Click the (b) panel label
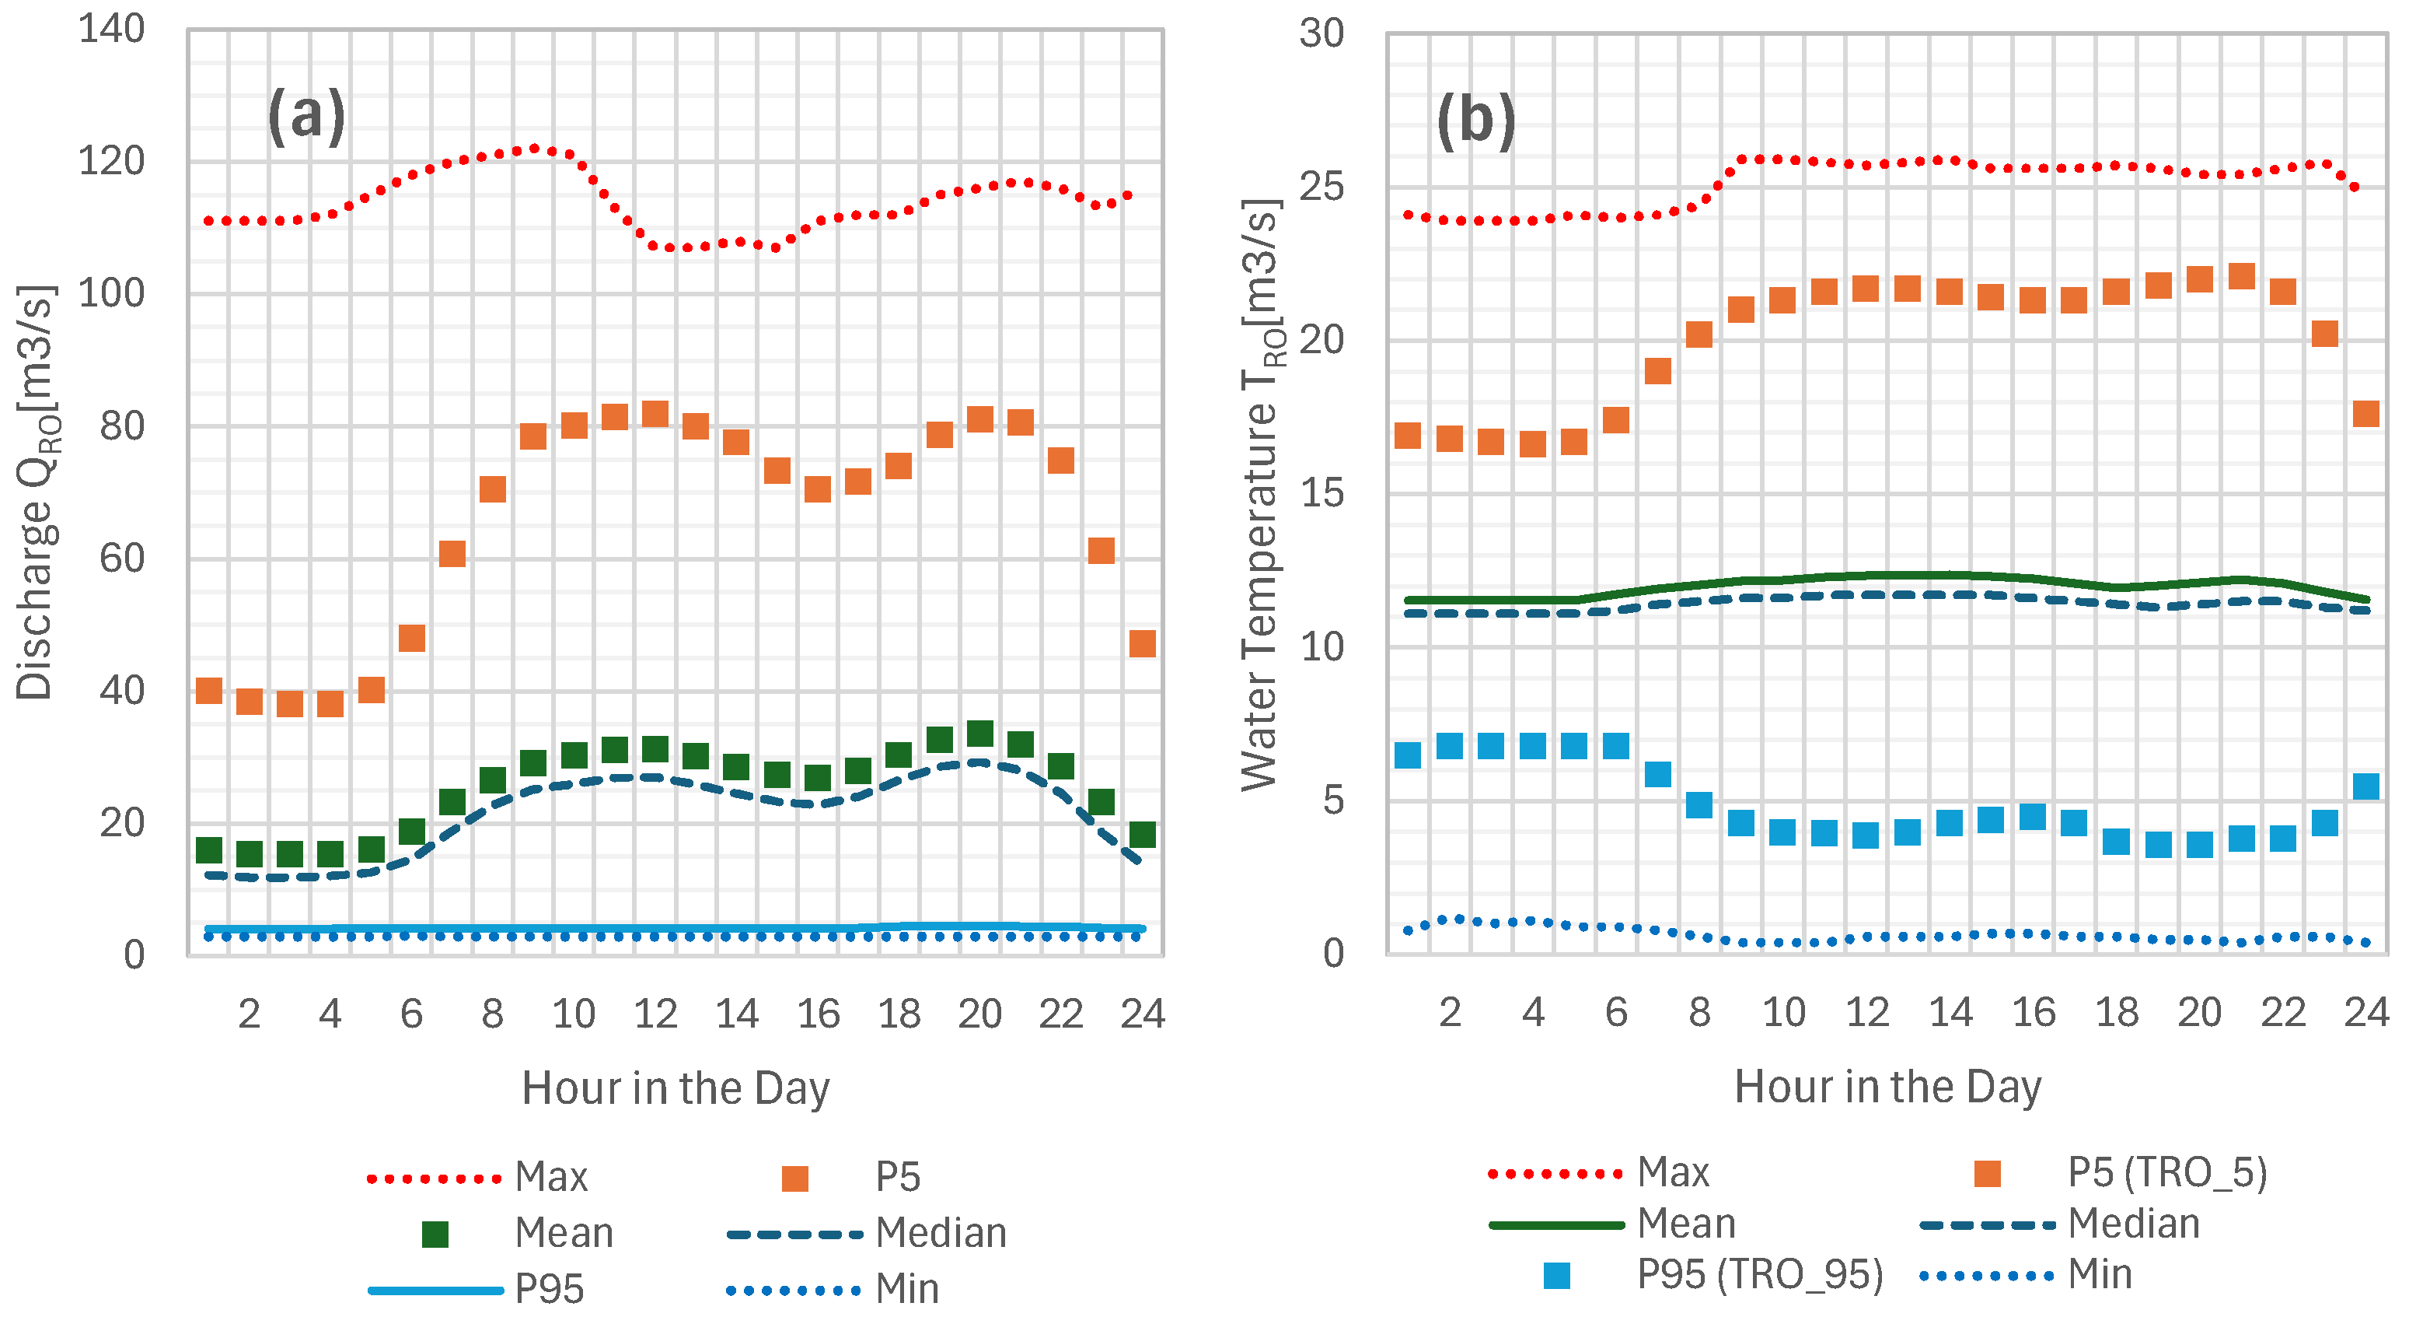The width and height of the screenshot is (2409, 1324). pos(1475,121)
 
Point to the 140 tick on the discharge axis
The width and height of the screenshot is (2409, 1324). pos(111,29)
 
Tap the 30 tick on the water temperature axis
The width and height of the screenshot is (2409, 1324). pos(1321,33)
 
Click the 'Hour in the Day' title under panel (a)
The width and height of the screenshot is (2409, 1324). pos(676,1088)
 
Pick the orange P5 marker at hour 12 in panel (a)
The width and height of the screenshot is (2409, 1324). pos(655,414)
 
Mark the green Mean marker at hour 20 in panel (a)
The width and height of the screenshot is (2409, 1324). pos(979,733)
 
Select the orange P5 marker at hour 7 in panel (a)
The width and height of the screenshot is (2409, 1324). pos(452,553)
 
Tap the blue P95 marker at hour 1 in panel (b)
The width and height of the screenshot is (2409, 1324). pos(1408,754)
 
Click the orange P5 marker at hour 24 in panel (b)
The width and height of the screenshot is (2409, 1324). pos(2365,414)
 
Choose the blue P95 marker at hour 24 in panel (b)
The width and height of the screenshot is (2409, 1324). pos(2365,786)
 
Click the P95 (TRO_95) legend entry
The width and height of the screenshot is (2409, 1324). pos(1759,1274)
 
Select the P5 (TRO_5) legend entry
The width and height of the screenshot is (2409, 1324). pos(2166,1172)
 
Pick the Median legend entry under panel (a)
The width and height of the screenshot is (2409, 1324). pos(940,1233)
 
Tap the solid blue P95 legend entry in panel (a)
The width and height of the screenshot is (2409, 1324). pos(548,1289)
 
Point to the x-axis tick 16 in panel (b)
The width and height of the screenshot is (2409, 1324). pos(2033,1012)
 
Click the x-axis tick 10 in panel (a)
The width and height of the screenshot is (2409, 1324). pos(573,1014)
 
